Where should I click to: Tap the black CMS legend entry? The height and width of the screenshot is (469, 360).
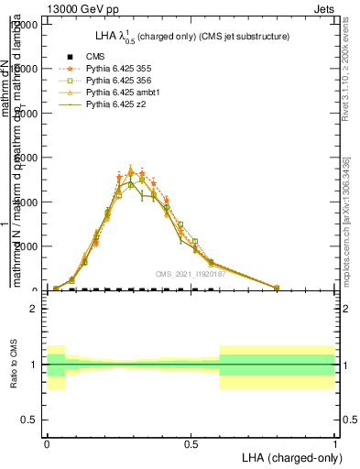(95, 58)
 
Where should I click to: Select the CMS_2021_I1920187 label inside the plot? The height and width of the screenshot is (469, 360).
(190, 273)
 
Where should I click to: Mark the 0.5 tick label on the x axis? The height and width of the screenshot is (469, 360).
(191, 443)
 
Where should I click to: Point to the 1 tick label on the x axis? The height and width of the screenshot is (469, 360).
(334, 443)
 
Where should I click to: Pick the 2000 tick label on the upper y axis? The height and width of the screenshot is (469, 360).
(26, 246)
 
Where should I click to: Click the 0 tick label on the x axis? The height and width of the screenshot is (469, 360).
(47, 443)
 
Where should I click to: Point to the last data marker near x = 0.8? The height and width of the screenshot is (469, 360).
(277, 288)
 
